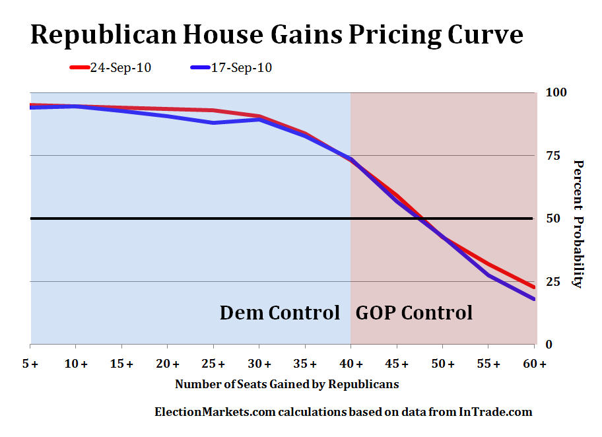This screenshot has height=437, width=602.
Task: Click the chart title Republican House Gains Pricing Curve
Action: coord(277,34)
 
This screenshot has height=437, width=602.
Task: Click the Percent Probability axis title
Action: coord(578,224)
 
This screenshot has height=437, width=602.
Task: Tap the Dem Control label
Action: coord(280,312)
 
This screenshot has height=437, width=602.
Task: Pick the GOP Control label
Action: coord(414,312)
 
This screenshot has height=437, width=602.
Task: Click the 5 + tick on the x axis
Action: coord(30,364)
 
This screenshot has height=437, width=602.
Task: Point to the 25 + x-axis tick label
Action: coord(214,364)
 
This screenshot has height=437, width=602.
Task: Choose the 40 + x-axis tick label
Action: coord(351,364)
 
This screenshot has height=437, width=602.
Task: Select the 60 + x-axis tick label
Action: coord(534,364)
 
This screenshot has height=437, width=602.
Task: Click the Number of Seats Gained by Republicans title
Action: coord(286,384)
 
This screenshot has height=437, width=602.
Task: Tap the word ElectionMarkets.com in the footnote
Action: coord(214,412)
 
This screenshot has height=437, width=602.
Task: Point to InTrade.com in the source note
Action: coord(494,412)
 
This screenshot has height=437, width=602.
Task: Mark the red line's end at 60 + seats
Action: coord(533,287)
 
